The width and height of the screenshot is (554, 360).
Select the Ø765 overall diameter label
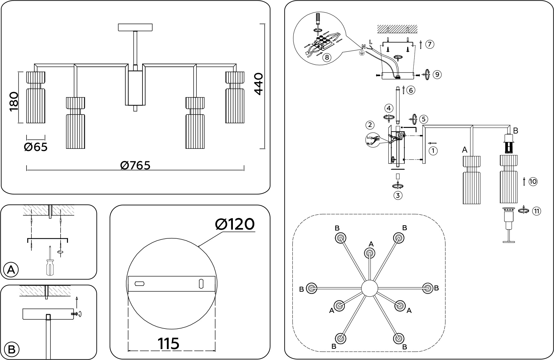[135, 165]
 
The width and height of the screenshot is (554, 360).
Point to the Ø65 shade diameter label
[36, 147]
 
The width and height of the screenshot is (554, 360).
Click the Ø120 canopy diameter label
[235, 224]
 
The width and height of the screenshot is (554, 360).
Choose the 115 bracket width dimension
[169, 343]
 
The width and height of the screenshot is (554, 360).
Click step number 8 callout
[326, 57]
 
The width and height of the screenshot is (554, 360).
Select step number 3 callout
[398, 196]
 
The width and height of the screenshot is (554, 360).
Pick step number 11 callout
[536, 211]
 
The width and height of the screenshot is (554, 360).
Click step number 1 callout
[433, 151]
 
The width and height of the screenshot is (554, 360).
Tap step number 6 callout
[411, 90]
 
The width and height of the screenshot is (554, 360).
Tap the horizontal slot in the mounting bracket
[139, 284]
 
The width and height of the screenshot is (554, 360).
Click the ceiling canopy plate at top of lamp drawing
[135, 27]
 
